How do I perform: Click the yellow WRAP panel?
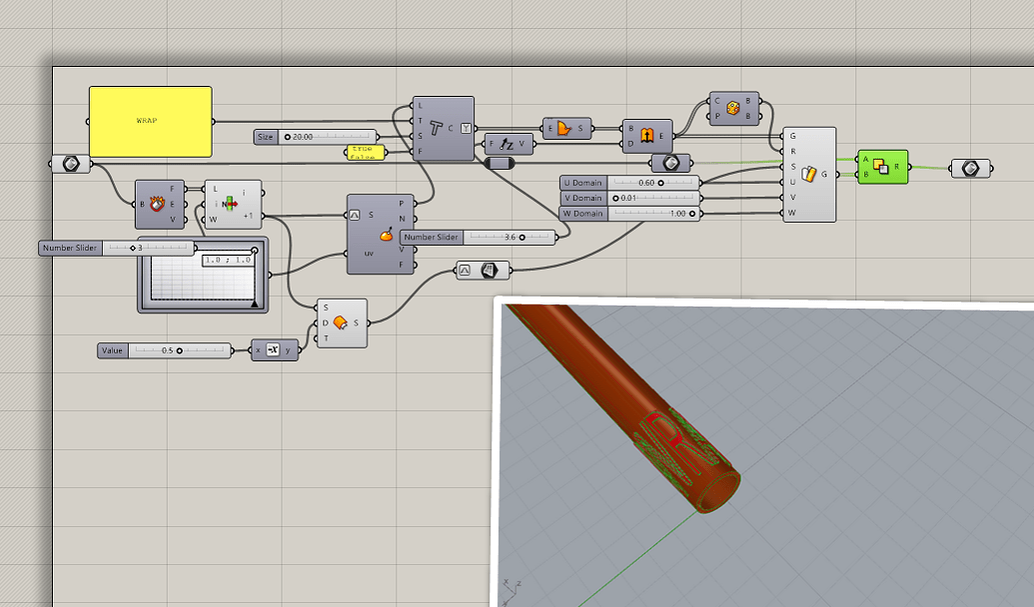point(150,121)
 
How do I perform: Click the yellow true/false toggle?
point(361,152)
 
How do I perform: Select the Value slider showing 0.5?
point(164,350)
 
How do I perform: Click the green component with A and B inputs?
point(882,167)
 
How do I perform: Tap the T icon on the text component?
point(437,128)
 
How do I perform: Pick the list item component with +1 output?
point(232,204)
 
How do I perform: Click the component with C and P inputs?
point(733,108)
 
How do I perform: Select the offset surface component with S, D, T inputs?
point(341,323)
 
